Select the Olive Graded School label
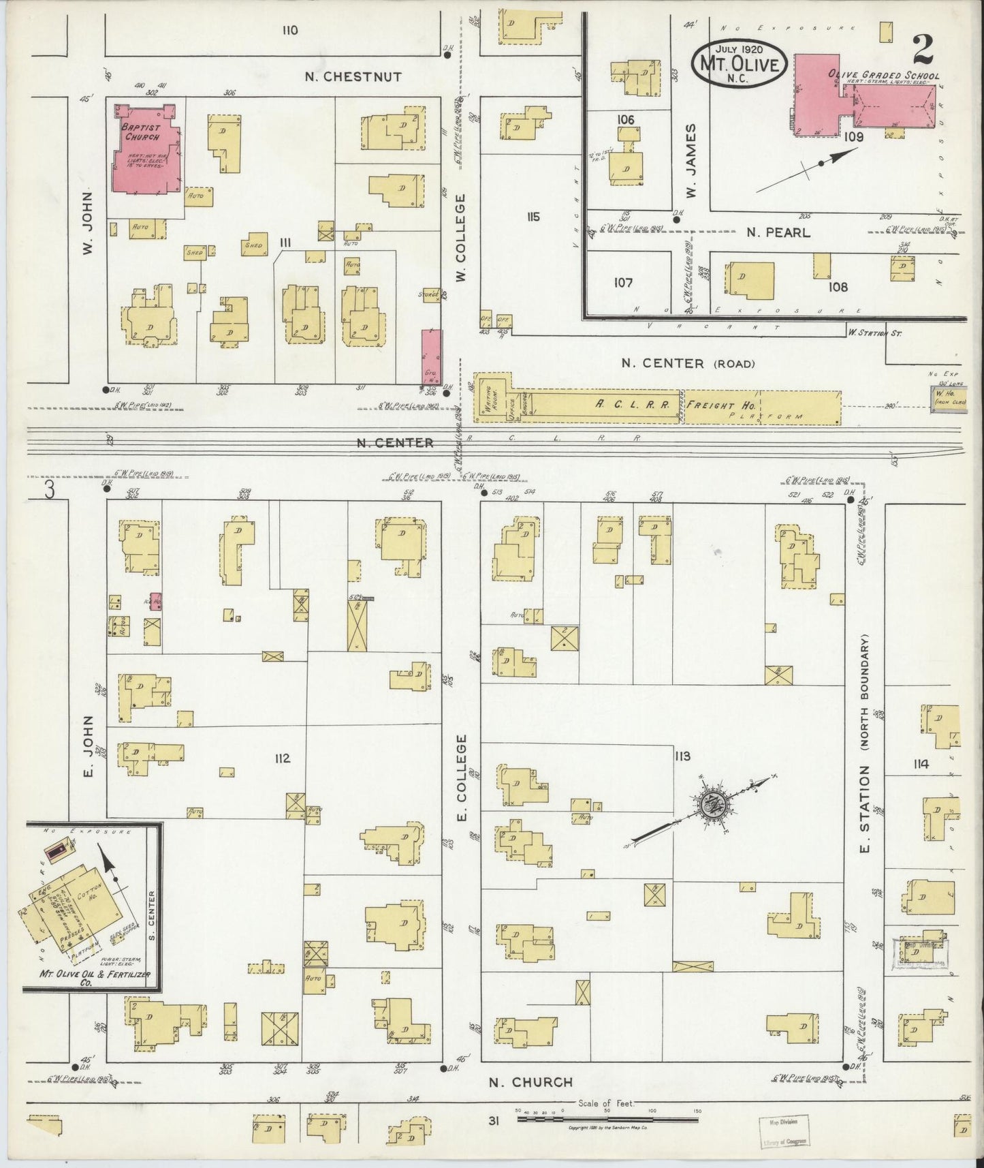click(883, 76)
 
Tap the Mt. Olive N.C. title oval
click(740, 62)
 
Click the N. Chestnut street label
click(353, 77)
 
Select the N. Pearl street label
click(778, 232)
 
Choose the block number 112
click(283, 758)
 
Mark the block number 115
click(533, 217)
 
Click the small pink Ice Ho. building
click(156, 601)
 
